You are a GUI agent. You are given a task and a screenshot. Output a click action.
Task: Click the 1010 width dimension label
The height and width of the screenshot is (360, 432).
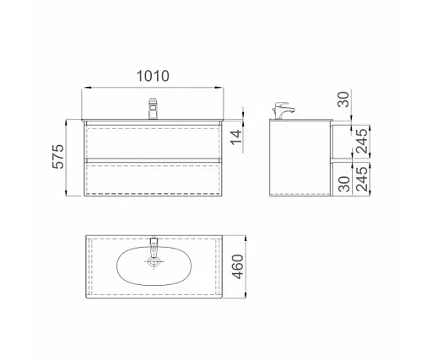tap(153, 76)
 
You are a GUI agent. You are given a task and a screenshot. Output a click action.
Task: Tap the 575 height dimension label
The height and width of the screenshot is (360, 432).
tap(58, 157)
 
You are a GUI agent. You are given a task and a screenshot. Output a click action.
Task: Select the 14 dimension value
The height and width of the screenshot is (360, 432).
tap(236, 137)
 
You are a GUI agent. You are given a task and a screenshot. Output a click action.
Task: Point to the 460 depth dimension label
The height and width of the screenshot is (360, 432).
tap(238, 267)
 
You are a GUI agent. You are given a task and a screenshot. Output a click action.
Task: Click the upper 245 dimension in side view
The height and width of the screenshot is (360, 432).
tap(362, 141)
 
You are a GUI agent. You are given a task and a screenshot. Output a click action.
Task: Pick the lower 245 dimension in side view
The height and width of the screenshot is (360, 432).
tap(362, 180)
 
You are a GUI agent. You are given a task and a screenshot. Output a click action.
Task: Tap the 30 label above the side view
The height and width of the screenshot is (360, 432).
tap(343, 99)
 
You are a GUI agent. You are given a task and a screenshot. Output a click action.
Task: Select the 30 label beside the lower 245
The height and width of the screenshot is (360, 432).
tap(344, 184)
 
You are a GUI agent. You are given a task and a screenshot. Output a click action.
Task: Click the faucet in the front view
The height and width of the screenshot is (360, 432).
tap(153, 109)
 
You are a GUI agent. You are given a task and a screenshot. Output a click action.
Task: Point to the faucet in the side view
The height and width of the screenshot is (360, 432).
tap(283, 110)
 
